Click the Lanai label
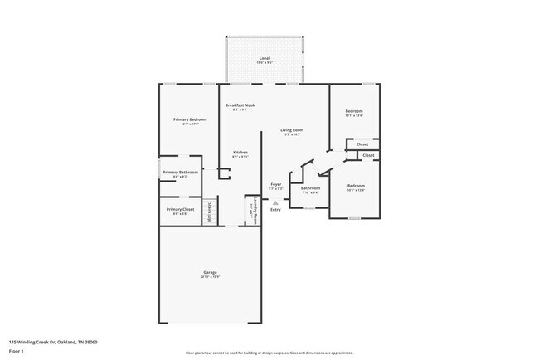(x=265, y=58)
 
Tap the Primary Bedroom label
(x=190, y=120)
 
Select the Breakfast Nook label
(x=241, y=106)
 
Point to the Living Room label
(x=291, y=130)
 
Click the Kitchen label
(x=240, y=153)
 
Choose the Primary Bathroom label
(x=181, y=173)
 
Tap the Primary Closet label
(x=180, y=210)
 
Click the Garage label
(x=211, y=272)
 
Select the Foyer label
(x=276, y=184)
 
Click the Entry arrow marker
(x=276, y=202)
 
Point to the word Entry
(x=275, y=209)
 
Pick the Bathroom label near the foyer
(x=311, y=188)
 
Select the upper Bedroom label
(x=354, y=111)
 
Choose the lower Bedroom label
(x=356, y=185)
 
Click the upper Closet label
(x=362, y=144)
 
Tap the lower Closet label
(x=368, y=155)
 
